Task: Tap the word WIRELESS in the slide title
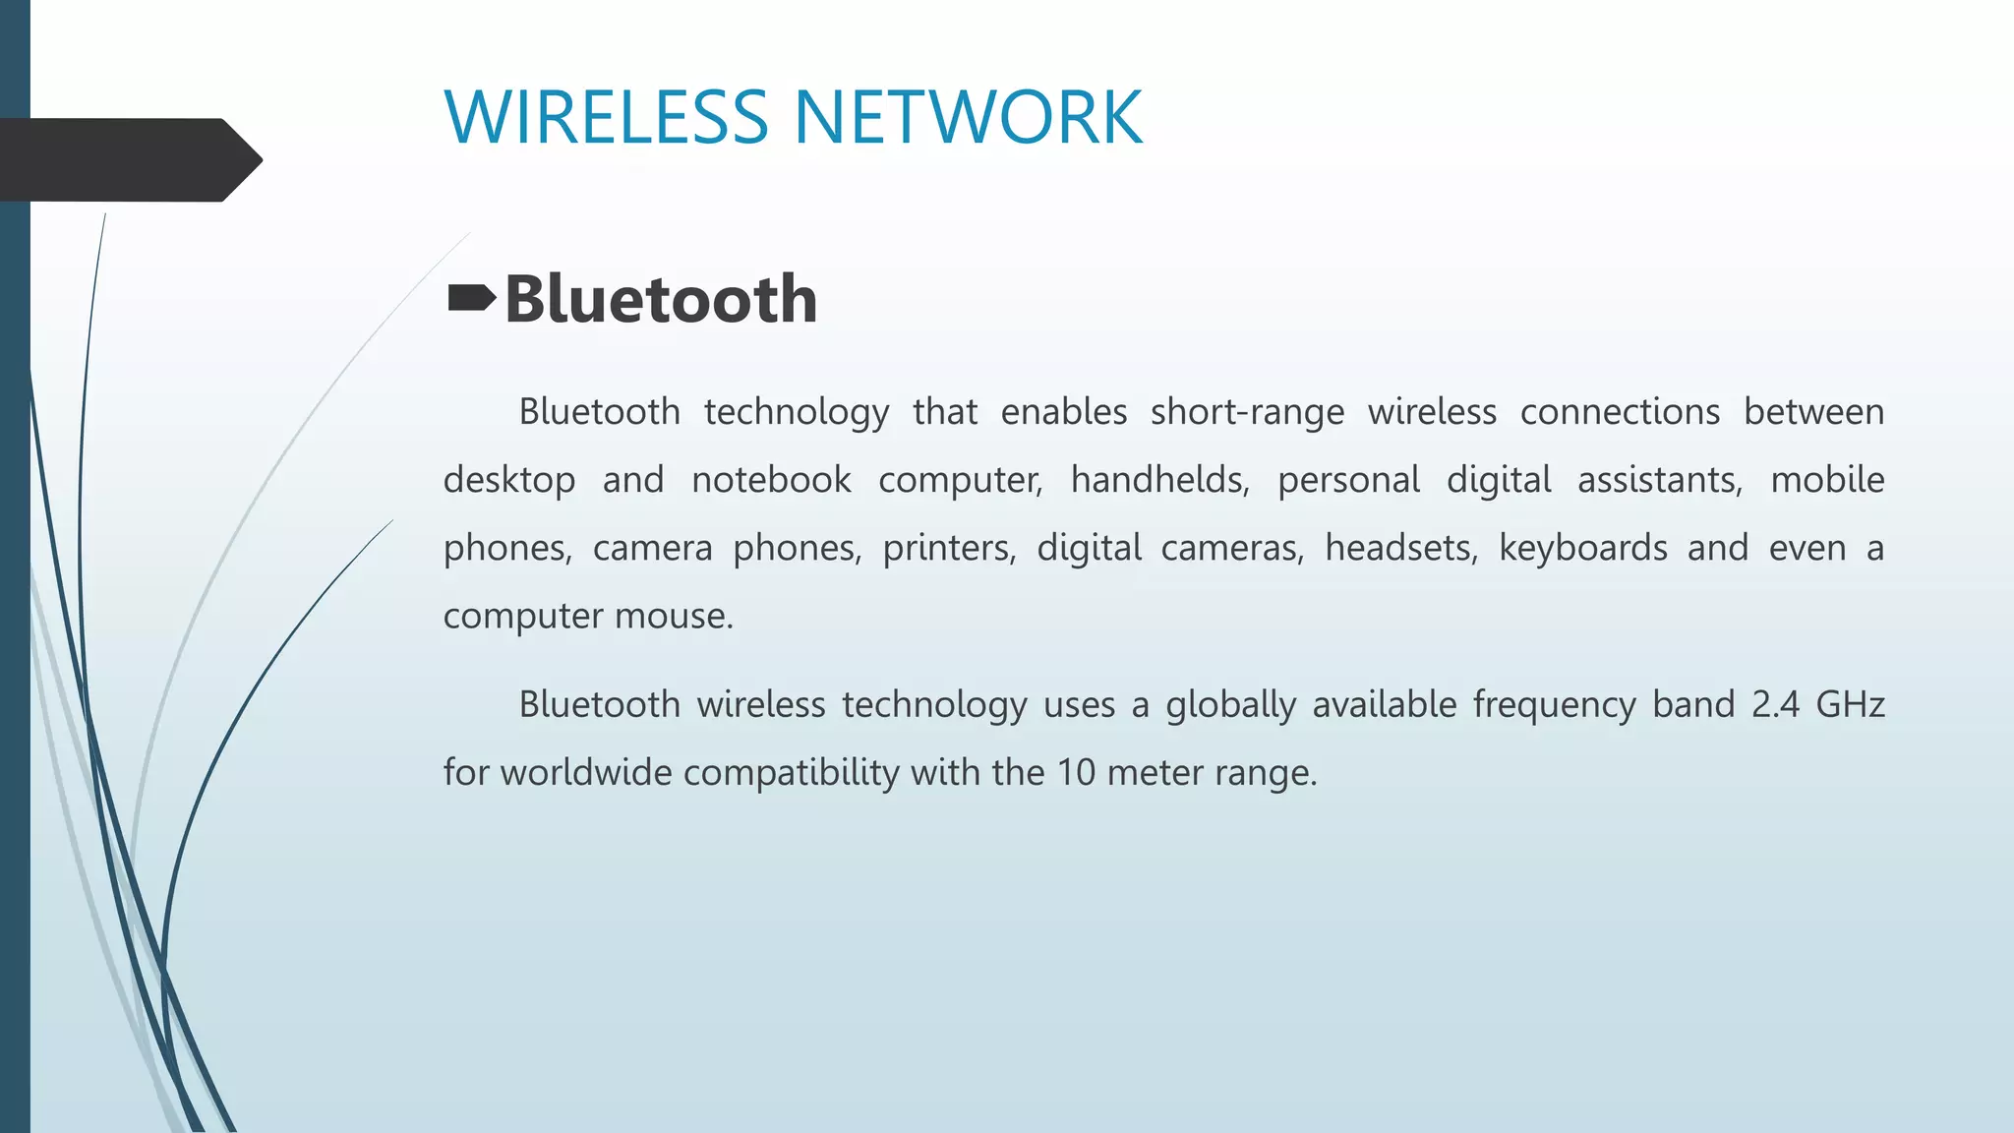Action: (606, 118)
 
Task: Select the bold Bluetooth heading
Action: (661, 299)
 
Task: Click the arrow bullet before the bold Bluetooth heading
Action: (471, 298)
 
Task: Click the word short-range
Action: (1247, 412)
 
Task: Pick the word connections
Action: (1620, 412)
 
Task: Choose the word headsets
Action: (1400, 548)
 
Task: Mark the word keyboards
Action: (1582, 548)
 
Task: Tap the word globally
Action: (1230, 705)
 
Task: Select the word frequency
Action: (1554, 705)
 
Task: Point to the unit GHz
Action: (1850, 705)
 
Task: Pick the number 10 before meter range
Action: (1076, 773)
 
